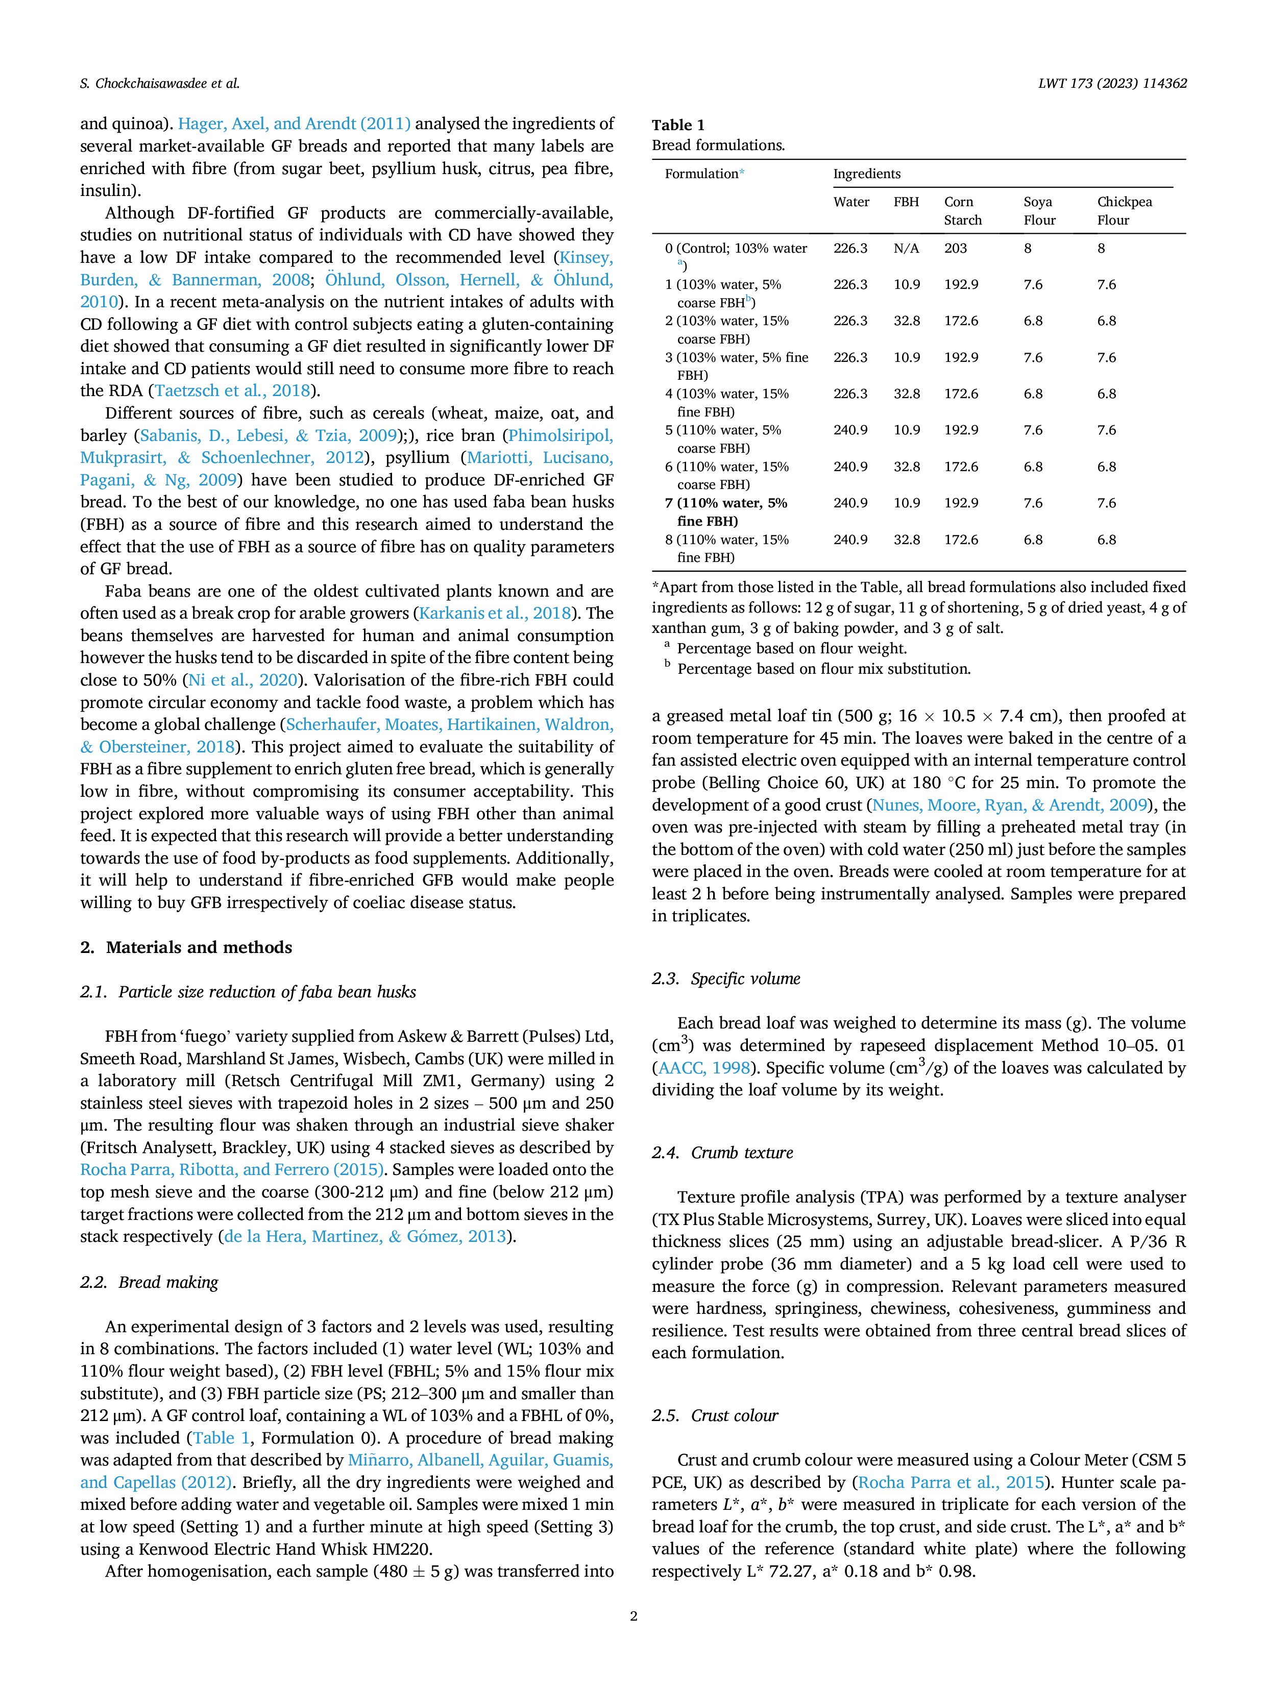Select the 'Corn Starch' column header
coord(963,211)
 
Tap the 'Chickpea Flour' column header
coord(1124,211)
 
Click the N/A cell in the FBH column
coord(907,248)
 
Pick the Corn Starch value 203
coord(956,248)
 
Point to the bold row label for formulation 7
coord(726,512)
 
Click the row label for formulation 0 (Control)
coord(736,256)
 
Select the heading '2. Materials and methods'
coord(186,947)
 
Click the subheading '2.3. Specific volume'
coord(726,978)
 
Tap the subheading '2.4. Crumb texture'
coord(722,1152)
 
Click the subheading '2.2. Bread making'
coord(149,1282)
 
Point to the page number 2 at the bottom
coord(634,1616)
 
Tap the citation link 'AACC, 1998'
coord(703,1068)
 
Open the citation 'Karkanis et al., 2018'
coord(495,614)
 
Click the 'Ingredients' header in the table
coord(867,174)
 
